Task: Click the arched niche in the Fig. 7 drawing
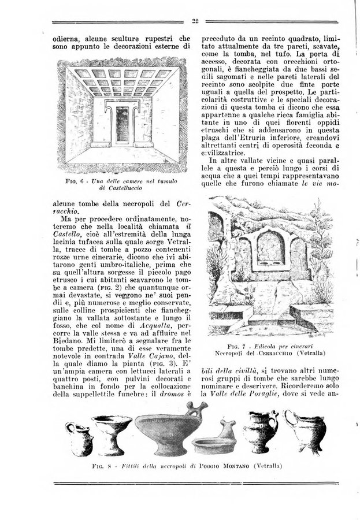[268, 248]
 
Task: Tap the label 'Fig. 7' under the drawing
[256, 346]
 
